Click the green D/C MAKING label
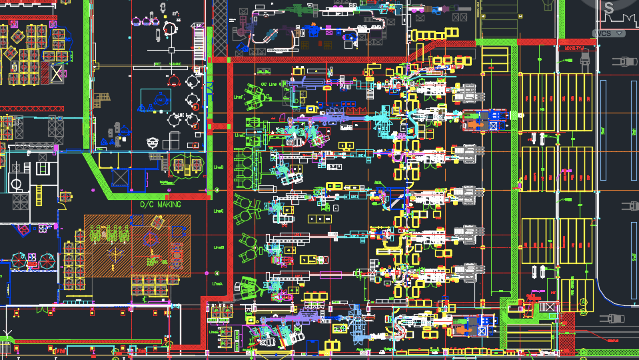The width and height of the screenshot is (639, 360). (x=160, y=205)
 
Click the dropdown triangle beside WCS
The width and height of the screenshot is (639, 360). (x=620, y=33)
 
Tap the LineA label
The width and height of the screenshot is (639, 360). (x=218, y=283)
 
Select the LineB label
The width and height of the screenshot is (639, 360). (x=218, y=248)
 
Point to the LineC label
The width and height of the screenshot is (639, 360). (x=218, y=211)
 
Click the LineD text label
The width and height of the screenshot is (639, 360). (x=218, y=167)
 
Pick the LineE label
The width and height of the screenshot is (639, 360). (x=239, y=135)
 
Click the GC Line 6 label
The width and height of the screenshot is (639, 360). (x=269, y=85)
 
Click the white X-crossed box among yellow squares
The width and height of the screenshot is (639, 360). (x=57, y=73)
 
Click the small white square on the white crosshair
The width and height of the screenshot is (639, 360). (x=171, y=50)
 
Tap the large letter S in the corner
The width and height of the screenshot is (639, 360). (x=608, y=8)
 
